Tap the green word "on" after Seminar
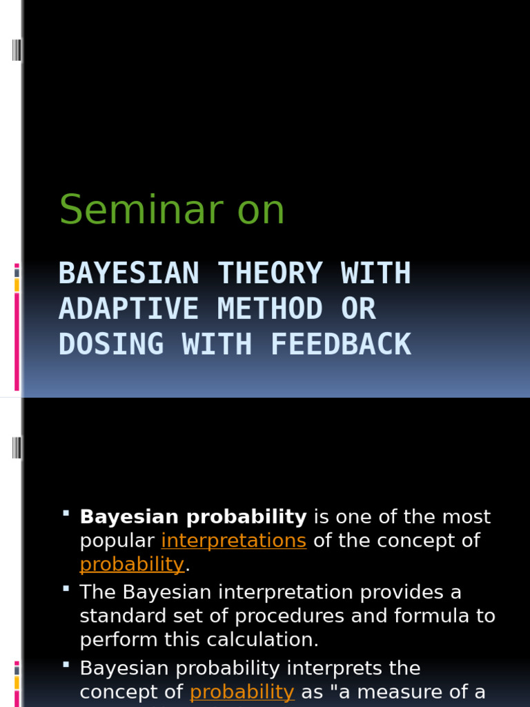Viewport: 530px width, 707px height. [261, 211]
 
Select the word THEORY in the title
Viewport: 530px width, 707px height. [270, 273]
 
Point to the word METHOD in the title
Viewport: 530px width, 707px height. [270, 309]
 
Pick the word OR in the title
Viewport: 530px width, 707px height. [358, 309]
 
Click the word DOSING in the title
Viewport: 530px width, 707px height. [111, 344]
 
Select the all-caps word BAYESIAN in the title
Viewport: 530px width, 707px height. [128, 273]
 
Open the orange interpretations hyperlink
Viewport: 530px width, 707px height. [233, 540]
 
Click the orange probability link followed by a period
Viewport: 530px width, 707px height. [132, 564]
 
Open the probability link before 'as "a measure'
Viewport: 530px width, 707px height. [242, 692]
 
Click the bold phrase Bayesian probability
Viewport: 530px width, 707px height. [193, 516]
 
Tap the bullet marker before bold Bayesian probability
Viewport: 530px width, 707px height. [66, 514]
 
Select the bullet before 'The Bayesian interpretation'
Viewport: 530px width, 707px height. [66, 589]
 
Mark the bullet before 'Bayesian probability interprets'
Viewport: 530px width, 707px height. [66, 665]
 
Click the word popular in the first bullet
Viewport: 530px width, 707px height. [117, 541]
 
